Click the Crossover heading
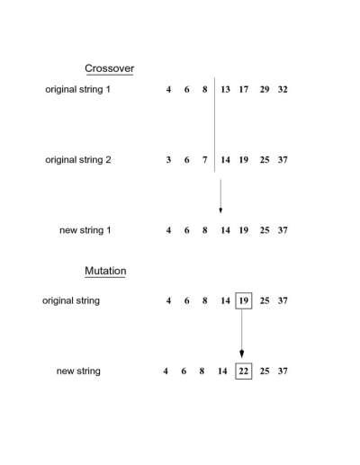pyautogui.click(x=109, y=68)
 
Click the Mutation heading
pyautogui.click(x=105, y=271)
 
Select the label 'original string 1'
pyautogui.click(x=77, y=90)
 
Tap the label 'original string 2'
pyautogui.click(x=78, y=160)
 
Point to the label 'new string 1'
pyautogui.click(x=85, y=230)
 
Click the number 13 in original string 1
pyautogui.click(x=225, y=89)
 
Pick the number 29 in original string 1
pyautogui.click(x=265, y=89)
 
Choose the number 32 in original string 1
pyautogui.click(x=283, y=89)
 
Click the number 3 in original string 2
pyautogui.click(x=168, y=160)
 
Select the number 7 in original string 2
pyautogui.click(x=204, y=160)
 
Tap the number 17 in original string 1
pyautogui.click(x=244, y=89)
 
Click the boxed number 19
pyautogui.click(x=244, y=300)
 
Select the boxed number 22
pyautogui.click(x=244, y=371)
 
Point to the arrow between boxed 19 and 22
pyautogui.click(x=242, y=334)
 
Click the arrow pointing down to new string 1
pyautogui.click(x=220, y=196)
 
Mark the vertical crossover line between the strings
pyautogui.click(x=215, y=125)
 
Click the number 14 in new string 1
pyautogui.click(x=225, y=230)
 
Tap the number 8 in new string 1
pyautogui.click(x=204, y=230)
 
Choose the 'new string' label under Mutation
pyautogui.click(x=78, y=371)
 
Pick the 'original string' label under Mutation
pyautogui.click(x=71, y=300)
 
